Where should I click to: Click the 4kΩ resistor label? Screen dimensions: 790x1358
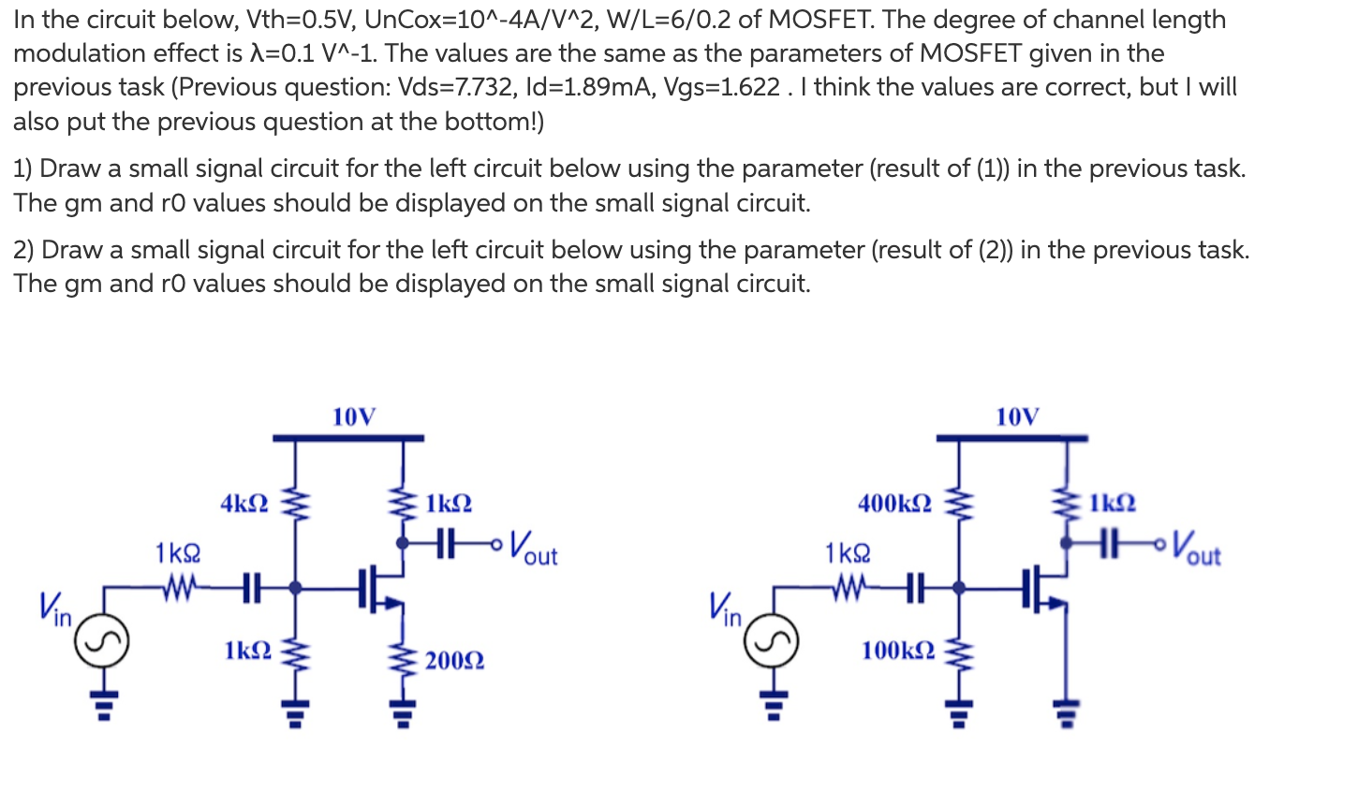click(x=244, y=504)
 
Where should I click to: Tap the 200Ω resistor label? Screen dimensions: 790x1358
click(x=454, y=661)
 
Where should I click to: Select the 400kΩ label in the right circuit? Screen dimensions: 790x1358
click(x=894, y=504)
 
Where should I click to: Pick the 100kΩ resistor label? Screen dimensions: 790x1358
click(x=897, y=650)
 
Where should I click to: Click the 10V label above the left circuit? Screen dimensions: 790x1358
click(x=354, y=417)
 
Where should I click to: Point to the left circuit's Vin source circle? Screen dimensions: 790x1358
click(x=101, y=642)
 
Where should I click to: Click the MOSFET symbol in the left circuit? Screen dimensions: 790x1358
click(x=379, y=590)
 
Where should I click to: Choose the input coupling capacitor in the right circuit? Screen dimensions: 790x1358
click(x=915, y=588)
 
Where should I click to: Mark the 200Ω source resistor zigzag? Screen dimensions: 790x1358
click(x=404, y=660)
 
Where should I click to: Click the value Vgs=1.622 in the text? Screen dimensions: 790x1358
click(x=721, y=87)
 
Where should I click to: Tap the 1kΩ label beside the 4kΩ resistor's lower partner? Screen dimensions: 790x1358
click(x=248, y=650)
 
